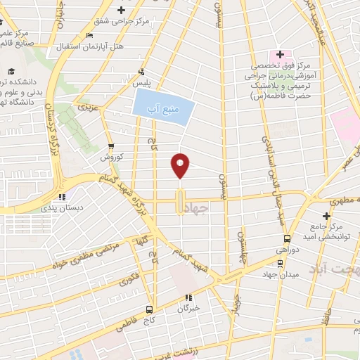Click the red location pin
click(x=181, y=166)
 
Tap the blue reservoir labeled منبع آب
click(x=162, y=110)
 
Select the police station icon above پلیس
click(x=143, y=71)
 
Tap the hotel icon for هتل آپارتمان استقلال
click(x=89, y=36)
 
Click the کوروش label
click(x=111, y=157)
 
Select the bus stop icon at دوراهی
click(x=281, y=264)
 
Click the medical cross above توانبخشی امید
click(x=326, y=216)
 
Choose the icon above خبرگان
click(x=188, y=297)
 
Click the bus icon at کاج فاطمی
click(x=148, y=309)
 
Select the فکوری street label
click(x=131, y=277)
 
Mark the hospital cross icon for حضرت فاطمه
click(x=279, y=53)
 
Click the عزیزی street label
click(x=86, y=109)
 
